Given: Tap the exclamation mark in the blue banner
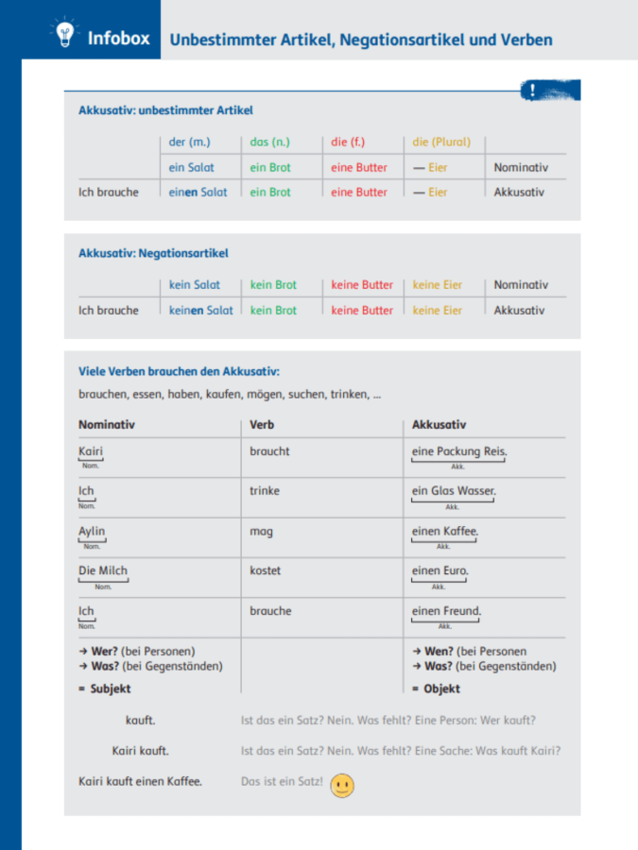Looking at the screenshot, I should point(534,91).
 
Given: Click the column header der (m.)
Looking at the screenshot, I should point(189,143).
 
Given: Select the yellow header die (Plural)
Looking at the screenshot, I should point(441,143).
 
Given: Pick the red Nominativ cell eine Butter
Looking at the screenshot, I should point(359,167).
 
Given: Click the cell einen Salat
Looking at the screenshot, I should point(198,192).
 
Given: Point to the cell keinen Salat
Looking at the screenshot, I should point(201,310).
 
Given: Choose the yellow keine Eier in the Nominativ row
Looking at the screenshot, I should point(438,284).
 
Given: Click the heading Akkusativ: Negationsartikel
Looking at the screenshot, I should point(153,253).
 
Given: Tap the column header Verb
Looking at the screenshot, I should point(262,425).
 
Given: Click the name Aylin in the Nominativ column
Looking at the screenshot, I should point(92,531).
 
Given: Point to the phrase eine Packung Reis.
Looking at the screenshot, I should point(459,451).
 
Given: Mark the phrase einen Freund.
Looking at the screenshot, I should point(446,611).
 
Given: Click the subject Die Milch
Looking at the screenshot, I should point(103,570).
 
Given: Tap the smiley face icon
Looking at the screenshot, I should point(342,786).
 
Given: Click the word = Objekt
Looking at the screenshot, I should point(436,688).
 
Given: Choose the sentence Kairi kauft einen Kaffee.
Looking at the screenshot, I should point(140,781).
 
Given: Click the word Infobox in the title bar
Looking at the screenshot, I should point(118,39).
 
